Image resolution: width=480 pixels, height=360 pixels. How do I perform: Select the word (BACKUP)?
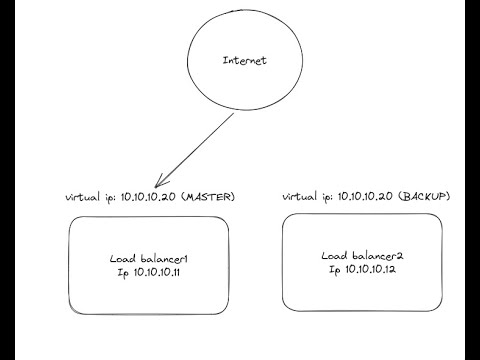tap(424, 197)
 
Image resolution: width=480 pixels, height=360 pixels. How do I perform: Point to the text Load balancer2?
tap(361, 256)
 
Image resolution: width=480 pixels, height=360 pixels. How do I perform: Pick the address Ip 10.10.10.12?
tap(361, 270)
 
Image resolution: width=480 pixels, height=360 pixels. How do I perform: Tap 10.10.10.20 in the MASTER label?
tap(148, 197)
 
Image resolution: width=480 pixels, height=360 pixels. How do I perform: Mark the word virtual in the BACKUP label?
tap(298, 197)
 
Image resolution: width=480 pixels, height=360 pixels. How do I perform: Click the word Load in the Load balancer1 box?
tap(122, 259)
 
